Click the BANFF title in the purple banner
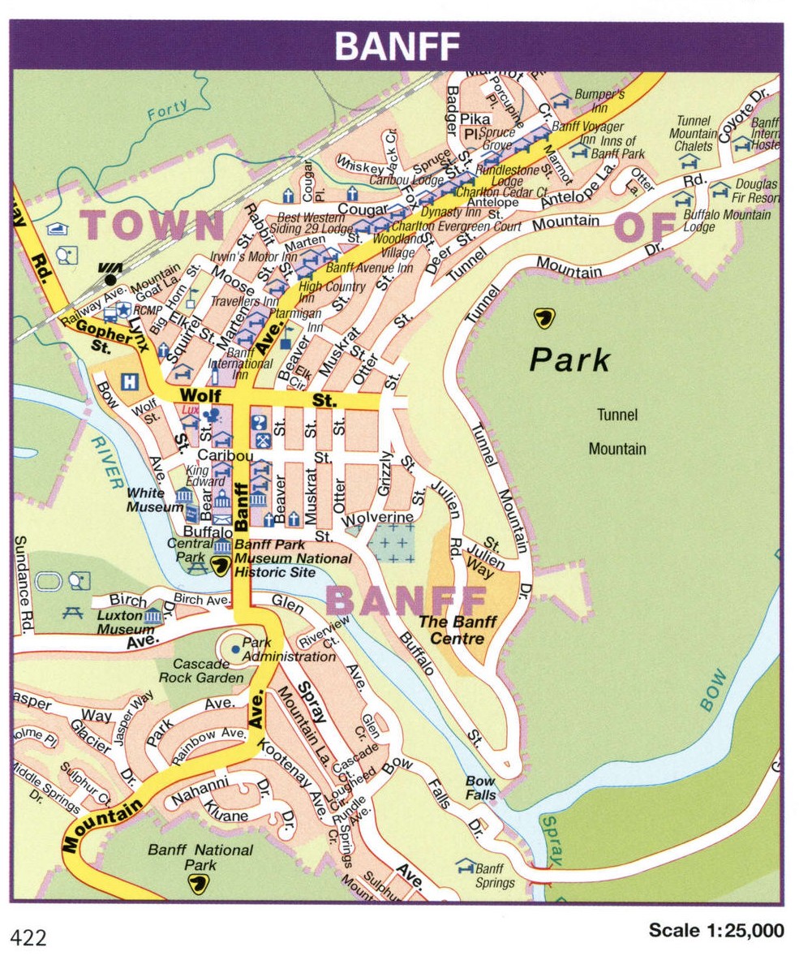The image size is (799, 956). pos(397,47)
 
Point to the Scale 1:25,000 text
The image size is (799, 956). pos(716,930)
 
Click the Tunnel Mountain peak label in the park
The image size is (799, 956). pos(617,432)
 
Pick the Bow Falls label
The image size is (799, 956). pos(480,788)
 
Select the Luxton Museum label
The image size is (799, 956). pos(126,622)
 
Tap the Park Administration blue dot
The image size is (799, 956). pos(235,648)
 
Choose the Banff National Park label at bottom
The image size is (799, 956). pos(200,857)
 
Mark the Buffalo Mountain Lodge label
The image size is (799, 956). pos(726,221)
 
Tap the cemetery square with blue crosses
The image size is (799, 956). pos(391,542)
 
